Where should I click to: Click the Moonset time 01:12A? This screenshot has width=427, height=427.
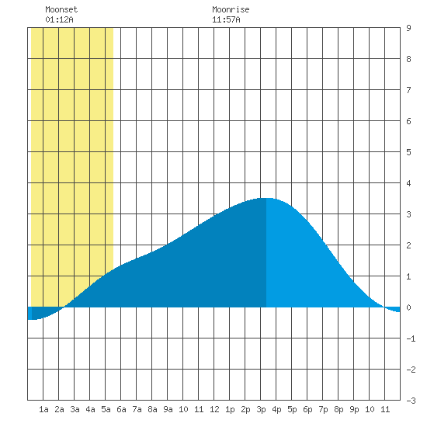pyautogui.click(x=59, y=19)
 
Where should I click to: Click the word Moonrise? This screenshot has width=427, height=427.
pyautogui.click(x=231, y=9)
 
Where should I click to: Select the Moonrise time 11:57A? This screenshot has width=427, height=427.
pyautogui.click(x=226, y=19)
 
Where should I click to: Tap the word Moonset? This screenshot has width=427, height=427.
pyautogui.click(x=61, y=9)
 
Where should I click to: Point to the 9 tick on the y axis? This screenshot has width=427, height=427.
pyautogui.click(x=408, y=28)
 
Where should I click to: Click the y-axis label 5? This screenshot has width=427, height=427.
pyautogui.click(x=408, y=152)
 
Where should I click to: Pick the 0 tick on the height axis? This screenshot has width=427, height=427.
pyautogui.click(x=408, y=307)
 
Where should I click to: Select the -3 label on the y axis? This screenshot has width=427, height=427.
pyautogui.click(x=411, y=401)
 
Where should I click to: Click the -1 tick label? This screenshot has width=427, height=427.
pyautogui.click(x=411, y=338)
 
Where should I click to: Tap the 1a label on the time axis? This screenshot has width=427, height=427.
pyautogui.click(x=43, y=409)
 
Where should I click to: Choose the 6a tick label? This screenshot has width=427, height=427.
pyautogui.click(x=121, y=409)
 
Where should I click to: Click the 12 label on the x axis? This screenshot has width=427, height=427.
pyautogui.click(x=214, y=409)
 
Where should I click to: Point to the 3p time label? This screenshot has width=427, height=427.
pyautogui.click(x=261, y=409)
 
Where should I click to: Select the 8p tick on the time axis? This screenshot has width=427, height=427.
pyautogui.click(x=338, y=409)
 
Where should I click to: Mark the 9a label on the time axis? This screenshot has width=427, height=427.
pyautogui.click(x=168, y=409)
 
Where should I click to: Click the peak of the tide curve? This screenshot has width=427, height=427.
pyautogui.click(x=266, y=198)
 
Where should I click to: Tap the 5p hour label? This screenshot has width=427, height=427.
pyautogui.click(x=292, y=409)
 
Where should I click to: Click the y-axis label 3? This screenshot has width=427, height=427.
pyautogui.click(x=408, y=214)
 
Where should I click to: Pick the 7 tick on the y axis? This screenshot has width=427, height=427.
pyautogui.click(x=408, y=90)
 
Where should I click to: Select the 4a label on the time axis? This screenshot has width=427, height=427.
pyautogui.click(x=90, y=409)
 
